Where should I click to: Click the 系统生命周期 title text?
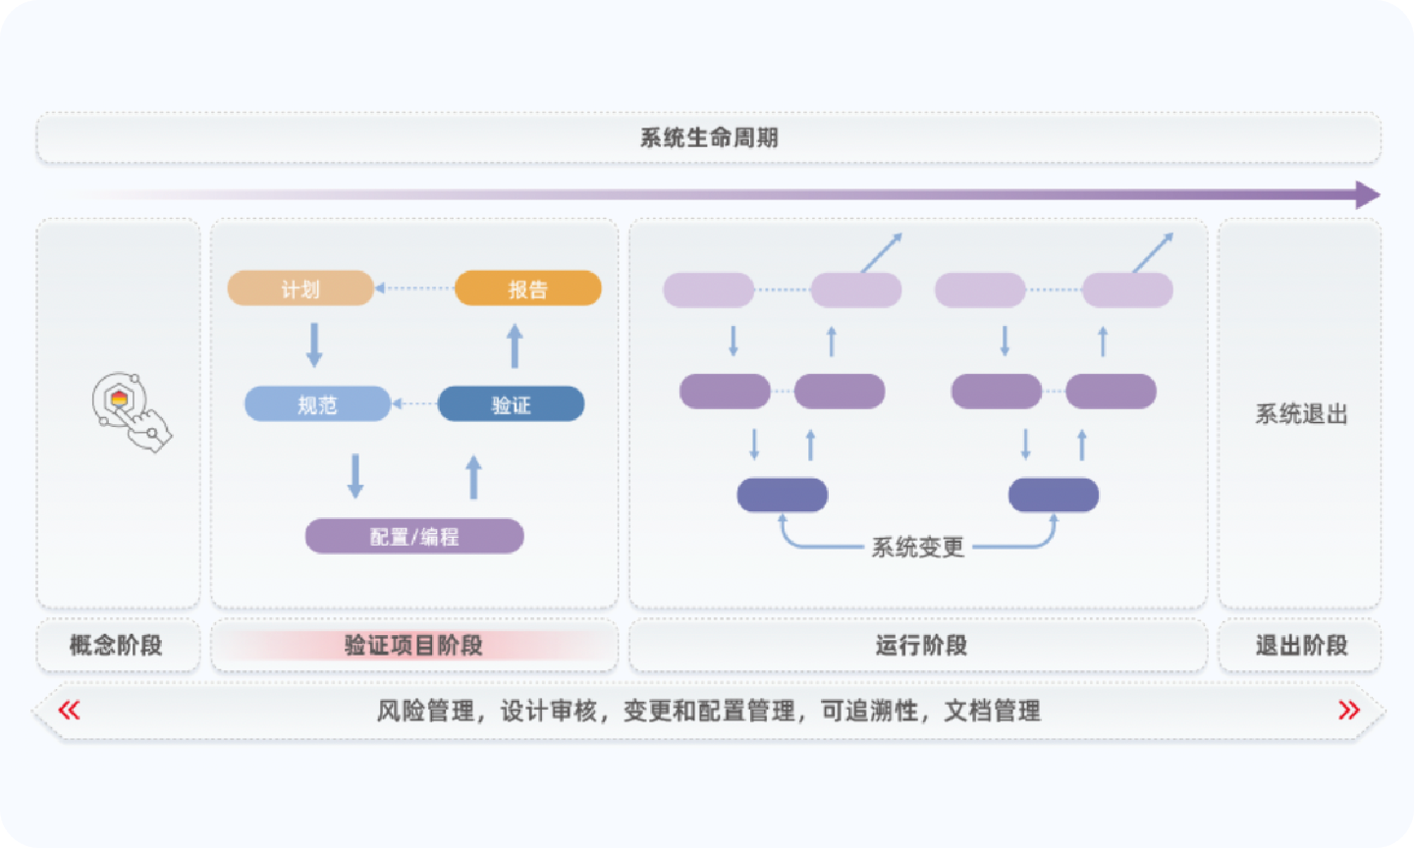click(x=709, y=138)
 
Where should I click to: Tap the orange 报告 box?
click(x=528, y=289)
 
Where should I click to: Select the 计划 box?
click(x=300, y=289)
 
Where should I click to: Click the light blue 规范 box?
click(x=317, y=404)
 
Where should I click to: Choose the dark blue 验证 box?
click(x=511, y=404)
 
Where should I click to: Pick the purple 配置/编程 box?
click(x=414, y=537)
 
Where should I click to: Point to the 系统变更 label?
click(x=918, y=548)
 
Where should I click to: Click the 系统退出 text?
click(x=1300, y=414)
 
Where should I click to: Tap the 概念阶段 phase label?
click(x=117, y=646)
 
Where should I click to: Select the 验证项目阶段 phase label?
click(x=413, y=646)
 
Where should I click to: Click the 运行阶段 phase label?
click(x=920, y=646)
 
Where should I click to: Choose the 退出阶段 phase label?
click(x=1300, y=646)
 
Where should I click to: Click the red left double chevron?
click(x=69, y=710)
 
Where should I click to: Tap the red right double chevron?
click(x=1349, y=710)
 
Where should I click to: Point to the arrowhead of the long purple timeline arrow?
click(x=1367, y=194)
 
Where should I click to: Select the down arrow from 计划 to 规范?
click(x=314, y=344)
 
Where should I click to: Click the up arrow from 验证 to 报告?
click(x=515, y=346)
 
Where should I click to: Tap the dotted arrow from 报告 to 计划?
click(x=414, y=289)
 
